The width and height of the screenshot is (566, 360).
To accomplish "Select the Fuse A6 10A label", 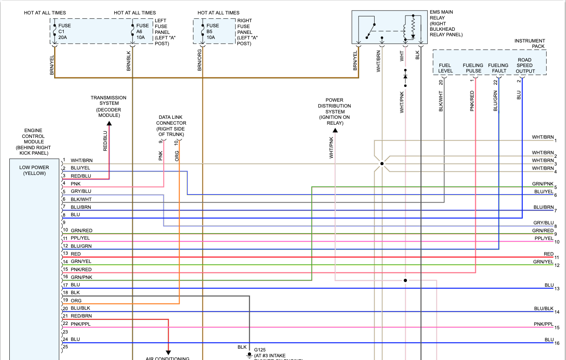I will pos(142,32).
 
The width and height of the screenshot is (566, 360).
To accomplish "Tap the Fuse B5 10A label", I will pos(212,32).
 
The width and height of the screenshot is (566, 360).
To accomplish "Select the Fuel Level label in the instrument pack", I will pos(445,68).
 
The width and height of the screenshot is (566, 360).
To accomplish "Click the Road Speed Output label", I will pos(525,65).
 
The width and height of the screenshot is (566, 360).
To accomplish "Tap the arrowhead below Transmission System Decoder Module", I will pos(109,124).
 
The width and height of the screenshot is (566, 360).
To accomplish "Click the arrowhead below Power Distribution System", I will pos(335,130).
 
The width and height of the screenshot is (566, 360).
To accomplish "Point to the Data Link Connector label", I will pos(171,126).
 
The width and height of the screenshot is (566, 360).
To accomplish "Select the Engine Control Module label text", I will pos(34,141).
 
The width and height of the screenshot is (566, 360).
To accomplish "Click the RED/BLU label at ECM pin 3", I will pos(81,176).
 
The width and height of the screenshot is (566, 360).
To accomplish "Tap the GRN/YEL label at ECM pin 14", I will pos(81,261).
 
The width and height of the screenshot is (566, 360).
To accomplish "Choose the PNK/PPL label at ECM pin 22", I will pos(80,324).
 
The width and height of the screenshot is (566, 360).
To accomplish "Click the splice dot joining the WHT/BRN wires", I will pos(382,164).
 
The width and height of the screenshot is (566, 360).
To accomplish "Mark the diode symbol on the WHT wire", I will pos(405,76).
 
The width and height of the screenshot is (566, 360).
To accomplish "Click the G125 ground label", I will pos(260,350).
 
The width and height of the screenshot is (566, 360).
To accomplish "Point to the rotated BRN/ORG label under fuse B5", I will pos(200,60).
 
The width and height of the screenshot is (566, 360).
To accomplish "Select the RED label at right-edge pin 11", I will pos(548,254).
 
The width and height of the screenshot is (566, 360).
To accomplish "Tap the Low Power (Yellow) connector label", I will pos(34,170).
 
